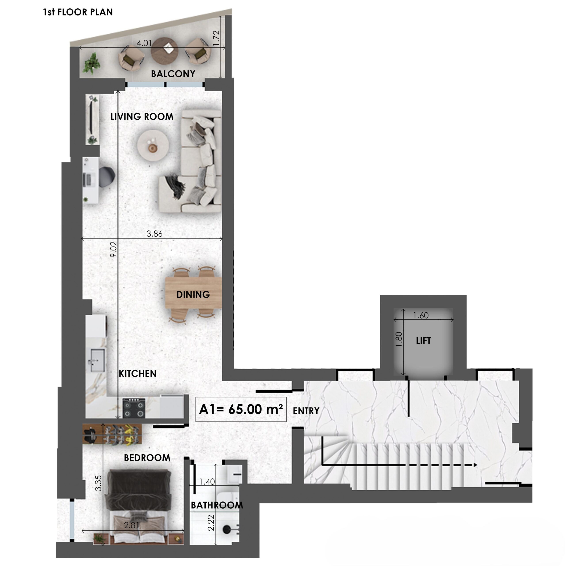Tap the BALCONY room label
(173, 74)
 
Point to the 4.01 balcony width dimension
(144, 43)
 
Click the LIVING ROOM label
(142, 117)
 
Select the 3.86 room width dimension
(154, 233)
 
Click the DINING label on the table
(193, 294)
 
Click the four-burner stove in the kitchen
(134, 407)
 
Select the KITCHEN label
(137, 373)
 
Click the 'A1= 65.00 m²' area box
(241, 409)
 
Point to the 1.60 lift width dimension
(421, 315)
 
